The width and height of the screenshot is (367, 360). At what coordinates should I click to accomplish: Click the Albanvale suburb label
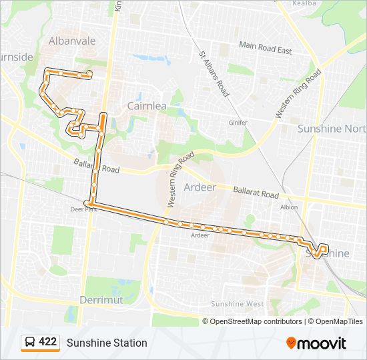[72, 41]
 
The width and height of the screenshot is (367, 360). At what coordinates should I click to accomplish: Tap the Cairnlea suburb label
[147, 105]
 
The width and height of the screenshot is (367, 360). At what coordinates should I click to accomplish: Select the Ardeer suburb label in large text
[200, 187]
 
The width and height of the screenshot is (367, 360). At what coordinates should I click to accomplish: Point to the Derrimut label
[101, 300]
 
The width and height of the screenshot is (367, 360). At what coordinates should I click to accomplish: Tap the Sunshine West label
[238, 304]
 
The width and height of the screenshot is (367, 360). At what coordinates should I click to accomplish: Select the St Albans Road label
[214, 75]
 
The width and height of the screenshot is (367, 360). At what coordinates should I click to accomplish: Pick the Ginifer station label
[238, 123]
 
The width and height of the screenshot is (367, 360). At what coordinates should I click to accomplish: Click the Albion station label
[289, 207]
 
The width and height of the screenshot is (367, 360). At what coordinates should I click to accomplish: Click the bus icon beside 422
[29, 343]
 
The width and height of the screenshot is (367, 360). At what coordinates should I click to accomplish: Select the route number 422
[48, 343]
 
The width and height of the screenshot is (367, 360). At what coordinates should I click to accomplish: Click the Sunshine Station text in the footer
[107, 343]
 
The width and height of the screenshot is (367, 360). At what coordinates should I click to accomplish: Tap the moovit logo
[316, 343]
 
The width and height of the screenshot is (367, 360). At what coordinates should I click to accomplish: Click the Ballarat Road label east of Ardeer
[256, 193]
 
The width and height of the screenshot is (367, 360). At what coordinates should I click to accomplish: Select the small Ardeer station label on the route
[200, 235]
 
